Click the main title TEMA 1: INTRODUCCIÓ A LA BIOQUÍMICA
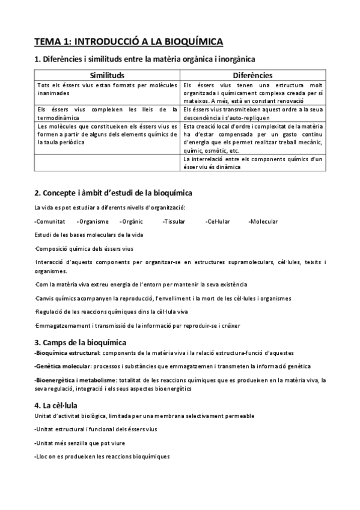129,41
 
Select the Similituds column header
107,76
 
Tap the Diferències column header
253,76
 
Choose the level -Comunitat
50,222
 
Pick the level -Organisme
93,222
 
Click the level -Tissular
174,222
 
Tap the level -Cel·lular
217,222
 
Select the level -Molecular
263,222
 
